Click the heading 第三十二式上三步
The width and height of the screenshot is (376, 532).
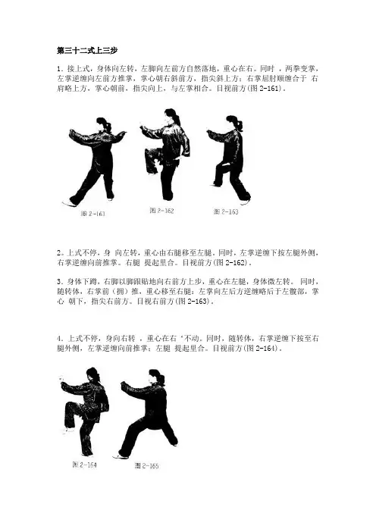(87, 51)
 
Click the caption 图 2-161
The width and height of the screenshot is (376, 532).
(92, 214)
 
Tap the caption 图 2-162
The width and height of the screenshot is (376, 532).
(162, 211)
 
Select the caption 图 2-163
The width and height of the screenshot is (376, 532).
(226, 211)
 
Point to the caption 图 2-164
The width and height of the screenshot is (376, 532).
(84, 465)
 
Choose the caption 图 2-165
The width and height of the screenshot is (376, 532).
(146, 465)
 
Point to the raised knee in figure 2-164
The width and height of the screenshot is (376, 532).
(69, 406)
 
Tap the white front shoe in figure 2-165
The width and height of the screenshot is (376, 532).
(120, 456)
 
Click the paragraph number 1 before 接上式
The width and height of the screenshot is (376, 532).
(58, 69)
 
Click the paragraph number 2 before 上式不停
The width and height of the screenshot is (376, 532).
(58, 253)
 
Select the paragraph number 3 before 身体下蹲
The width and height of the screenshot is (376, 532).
(58, 282)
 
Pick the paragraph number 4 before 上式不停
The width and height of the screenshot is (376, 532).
(58, 339)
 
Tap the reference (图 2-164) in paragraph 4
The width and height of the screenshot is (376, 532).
(262, 349)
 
